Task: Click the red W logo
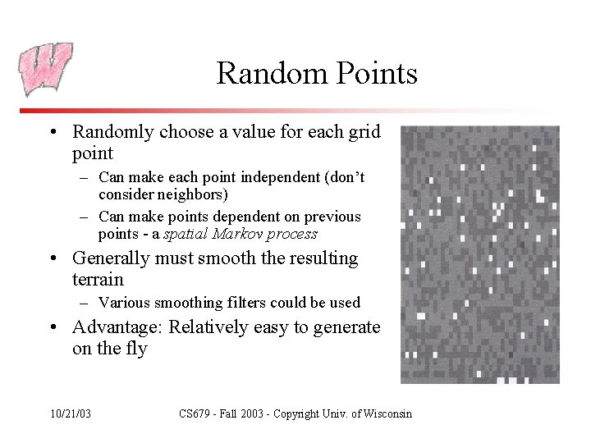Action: pyautogui.click(x=45, y=69)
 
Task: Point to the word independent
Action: pyautogui.click(x=282, y=177)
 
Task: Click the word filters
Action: pyautogui.click(x=251, y=303)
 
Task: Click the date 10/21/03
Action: pyautogui.click(x=71, y=413)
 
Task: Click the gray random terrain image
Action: pyautogui.click(x=480, y=254)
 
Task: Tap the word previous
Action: pyautogui.click(x=332, y=217)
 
